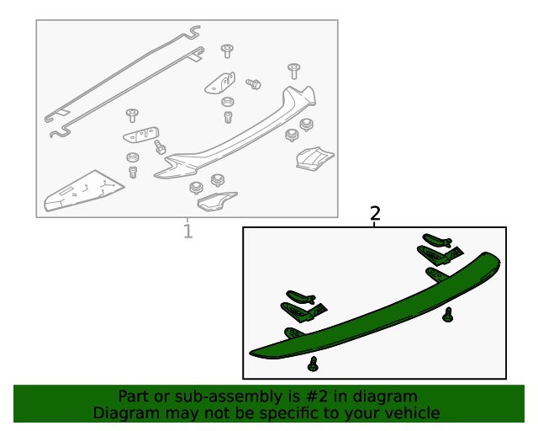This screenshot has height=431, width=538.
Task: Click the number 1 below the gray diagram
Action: pyautogui.click(x=187, y=231)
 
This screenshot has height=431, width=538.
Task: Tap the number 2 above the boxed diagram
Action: pyautogui.click(x=376, y=214)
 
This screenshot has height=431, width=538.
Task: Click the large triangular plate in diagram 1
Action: pyautogui.click(x=84, y=190)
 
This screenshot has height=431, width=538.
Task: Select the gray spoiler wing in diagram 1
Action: pyautogui.click(x=235, y=134)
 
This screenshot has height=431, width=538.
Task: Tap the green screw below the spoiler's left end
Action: pyautogui.click(x=313, y=364)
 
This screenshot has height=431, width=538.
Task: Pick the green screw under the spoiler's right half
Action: pyautogui.click(x=447, y=315)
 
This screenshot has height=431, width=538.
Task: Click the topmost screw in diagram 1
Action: pyautogui.click(x=227, y=51)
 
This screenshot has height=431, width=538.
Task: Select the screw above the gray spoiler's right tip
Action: pyautogui.click(x=293, y=71)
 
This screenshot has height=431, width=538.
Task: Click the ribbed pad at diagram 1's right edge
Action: pyautogui.click(x=314, y=158)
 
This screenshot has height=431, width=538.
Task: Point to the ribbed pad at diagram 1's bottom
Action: pyautogui.click(x=216, y=201)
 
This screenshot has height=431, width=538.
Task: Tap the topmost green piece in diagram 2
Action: pyautogui.click(x=437, y=240)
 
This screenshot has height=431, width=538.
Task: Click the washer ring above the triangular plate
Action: pyautogui.click(x=133, y=157)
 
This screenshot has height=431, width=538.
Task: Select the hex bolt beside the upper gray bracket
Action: pyautogui.click(x=254, y=83)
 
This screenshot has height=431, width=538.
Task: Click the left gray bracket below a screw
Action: pyautogui.click(x=141, y=135)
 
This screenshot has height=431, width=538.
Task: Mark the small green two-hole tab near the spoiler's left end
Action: pyautogui.click(x=293, y=333)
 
